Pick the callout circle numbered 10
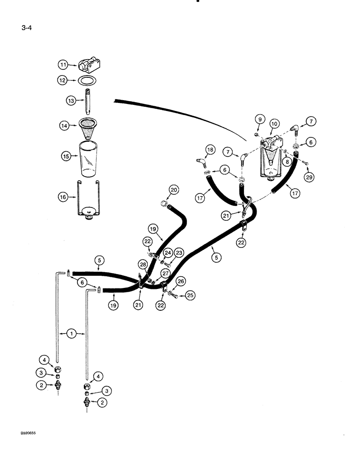274,123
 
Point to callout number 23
178,253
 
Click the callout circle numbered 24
167,252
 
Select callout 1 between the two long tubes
71,334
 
